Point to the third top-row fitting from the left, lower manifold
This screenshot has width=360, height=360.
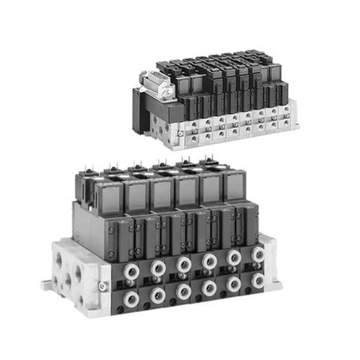coord(184,264)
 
